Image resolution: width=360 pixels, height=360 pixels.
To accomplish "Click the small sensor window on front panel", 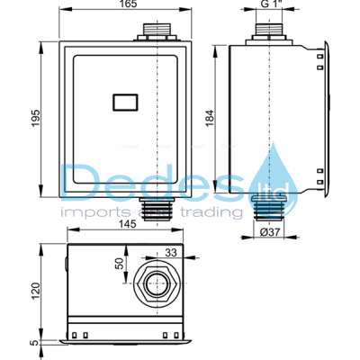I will [x=123, y=104].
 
